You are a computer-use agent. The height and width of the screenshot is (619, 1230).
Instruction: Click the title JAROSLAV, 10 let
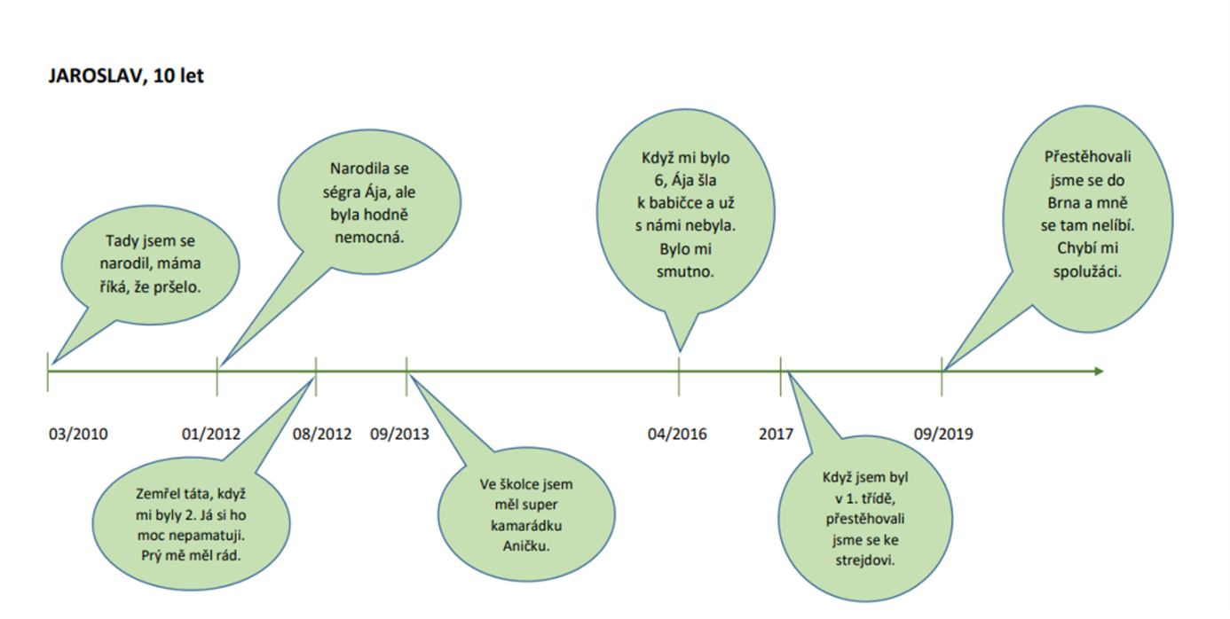126,76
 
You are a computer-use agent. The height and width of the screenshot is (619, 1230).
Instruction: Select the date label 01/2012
211,434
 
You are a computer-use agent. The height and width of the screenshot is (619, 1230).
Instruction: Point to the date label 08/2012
322,434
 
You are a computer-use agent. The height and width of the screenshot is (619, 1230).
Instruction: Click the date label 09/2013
399,434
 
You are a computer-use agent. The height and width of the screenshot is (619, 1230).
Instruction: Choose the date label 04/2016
677,434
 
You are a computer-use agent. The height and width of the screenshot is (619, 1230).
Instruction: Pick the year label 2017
777,434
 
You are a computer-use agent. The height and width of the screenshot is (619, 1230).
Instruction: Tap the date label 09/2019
943,434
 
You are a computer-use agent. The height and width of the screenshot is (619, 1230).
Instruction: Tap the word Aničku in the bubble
526,545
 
